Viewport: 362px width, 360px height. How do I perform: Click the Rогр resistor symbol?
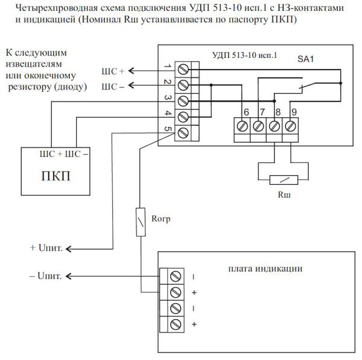[141, 220]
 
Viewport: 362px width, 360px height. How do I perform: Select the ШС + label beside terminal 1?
[113, 71]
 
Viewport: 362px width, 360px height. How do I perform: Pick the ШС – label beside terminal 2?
[113, 86]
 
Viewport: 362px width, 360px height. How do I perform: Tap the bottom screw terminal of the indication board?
[176, 324]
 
